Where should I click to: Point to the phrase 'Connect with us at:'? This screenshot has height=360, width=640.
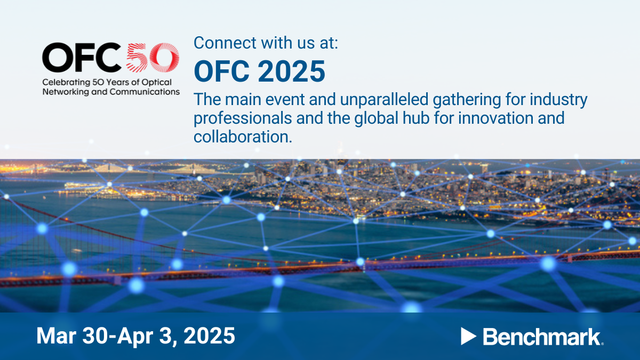[266, 43]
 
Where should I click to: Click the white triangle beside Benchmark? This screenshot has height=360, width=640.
[468, 336]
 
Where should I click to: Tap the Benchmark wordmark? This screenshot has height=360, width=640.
[541, 336]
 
